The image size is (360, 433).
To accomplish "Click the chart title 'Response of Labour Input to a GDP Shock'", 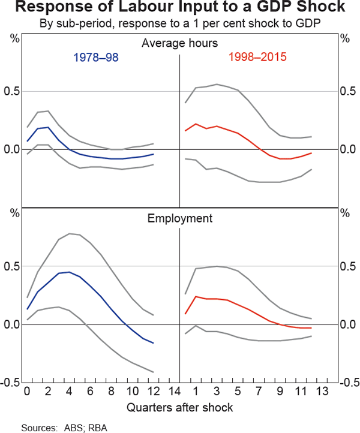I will coord(180,8).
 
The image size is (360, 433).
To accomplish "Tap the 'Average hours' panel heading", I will coord(180,43).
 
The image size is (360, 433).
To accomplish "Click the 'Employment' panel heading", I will coord(180,218).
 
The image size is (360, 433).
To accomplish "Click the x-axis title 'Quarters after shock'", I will coord(180,408).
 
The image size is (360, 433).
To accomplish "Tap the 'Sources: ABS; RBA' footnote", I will coord(59,428).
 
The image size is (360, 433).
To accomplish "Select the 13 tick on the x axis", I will coord(322,393).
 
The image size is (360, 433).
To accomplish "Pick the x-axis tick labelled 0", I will coord(26,393).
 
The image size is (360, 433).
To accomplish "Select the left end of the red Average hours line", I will coord(185,131).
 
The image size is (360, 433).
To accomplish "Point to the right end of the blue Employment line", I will coord(154,343).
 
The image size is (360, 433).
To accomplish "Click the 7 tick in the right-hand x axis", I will coord(259,393).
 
